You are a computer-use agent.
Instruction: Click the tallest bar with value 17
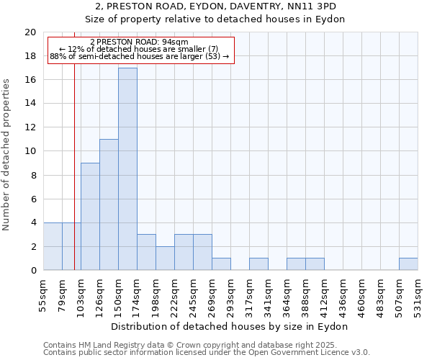(x=127, y=169)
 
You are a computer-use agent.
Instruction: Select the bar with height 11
(x=109, y=204)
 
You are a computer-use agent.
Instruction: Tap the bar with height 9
(x=90, y=217)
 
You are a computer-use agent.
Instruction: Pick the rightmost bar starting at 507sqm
(x=408, y=264)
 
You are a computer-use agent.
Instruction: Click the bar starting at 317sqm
(x=258, y=264)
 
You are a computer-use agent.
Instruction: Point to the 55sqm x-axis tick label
(x=44, y=294)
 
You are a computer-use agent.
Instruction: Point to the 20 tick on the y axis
(x=30, y=32)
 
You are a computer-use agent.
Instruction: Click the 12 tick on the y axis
(x=30, y=127)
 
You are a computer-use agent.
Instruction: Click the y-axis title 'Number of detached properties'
(x=6, y=155)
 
